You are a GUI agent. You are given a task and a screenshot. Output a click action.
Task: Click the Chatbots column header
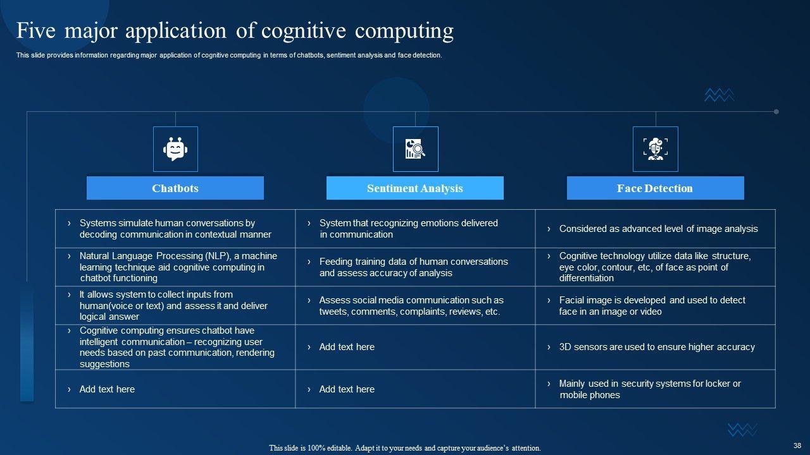[x=175, y=188]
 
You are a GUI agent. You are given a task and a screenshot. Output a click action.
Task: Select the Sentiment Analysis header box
[x=414, y=188]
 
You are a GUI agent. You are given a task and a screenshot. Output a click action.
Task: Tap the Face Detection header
[x=655, y=188]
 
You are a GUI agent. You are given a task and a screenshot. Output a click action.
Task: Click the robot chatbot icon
[x=175, y=149]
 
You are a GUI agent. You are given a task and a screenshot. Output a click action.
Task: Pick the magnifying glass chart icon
[x=415, y=149]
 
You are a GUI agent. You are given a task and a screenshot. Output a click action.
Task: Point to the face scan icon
[x=655, y=149]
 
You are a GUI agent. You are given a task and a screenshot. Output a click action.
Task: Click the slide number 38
[x=797, y=446]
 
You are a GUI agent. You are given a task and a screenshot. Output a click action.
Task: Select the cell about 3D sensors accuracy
[x=656, y=347]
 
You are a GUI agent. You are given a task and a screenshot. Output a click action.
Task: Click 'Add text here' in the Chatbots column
[x=107, y=389]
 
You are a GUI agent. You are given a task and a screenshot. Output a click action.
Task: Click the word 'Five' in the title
[x=35, y=31]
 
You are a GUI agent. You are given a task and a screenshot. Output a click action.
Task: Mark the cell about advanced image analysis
[x=658, y=229]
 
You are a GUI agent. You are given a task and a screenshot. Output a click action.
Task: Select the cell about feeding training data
[x=413, y=267]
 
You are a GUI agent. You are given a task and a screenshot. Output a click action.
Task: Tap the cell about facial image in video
[x=652, y=306]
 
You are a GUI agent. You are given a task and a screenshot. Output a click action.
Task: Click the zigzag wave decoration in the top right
[x=719, y=95]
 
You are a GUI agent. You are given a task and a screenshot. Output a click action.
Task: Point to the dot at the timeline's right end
[x=776, y=112]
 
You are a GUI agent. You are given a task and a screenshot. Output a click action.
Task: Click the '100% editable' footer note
[x=405, y=448]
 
